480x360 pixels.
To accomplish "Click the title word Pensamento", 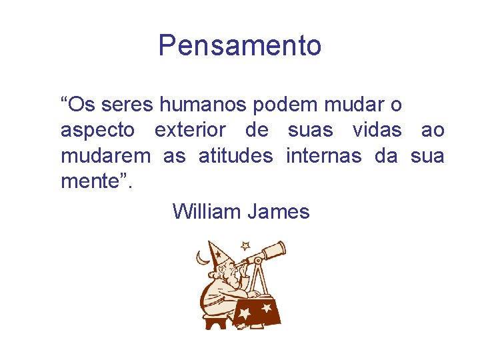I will [240, 45].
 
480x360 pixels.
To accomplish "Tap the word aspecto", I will [97, 131].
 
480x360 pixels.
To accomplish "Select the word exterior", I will [190, 130].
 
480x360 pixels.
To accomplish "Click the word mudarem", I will [105, 156].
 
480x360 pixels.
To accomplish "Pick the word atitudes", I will [235, 156].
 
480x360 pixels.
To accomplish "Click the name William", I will [207, 212].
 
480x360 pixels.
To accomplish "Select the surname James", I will [279, 212].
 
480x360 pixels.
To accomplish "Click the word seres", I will [128, 105].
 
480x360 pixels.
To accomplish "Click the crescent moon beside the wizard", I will [201, 256].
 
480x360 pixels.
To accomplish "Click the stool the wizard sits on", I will [215, 322].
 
